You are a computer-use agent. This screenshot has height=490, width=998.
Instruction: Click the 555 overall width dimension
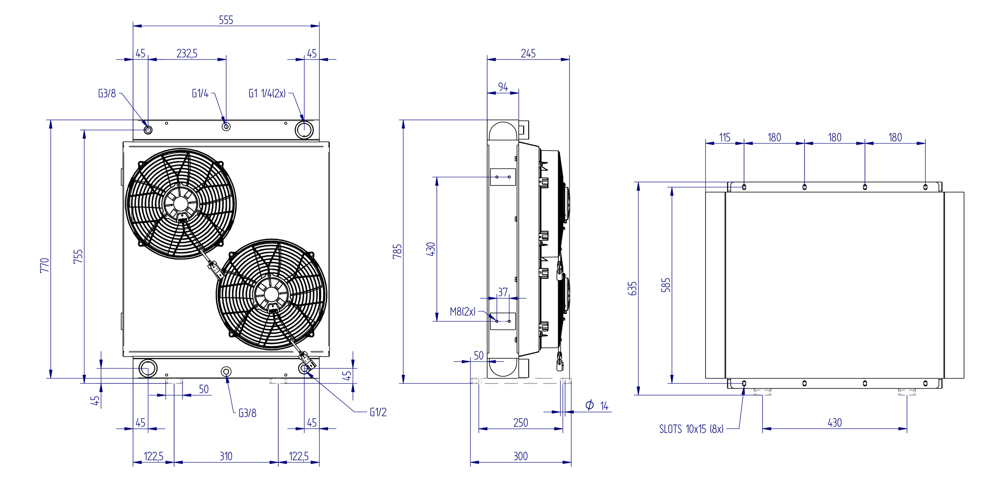pos(226,20)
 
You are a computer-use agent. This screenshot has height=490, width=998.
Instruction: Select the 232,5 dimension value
pos(187,53)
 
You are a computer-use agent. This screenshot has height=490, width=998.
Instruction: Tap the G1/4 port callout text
pos(200,93)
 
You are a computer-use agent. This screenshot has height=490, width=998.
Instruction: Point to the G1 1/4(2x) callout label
pos(267,93)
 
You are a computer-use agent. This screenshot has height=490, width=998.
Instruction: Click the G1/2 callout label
pos(378,412)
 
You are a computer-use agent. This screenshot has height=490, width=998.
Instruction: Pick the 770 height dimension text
pos(45,265)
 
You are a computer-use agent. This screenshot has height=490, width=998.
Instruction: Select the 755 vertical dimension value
pos(78,256)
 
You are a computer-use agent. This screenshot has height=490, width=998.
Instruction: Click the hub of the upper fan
pos(181,204)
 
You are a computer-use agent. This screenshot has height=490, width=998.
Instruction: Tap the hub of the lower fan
pos(271,294)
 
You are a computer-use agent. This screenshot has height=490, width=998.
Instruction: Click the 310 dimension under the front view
pos(226,456)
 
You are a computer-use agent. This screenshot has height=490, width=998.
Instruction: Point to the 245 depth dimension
pos(528,53)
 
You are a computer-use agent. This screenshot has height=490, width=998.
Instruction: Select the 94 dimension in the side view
pos(503,87)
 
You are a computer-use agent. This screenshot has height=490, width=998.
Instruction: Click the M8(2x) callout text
pos(463,311)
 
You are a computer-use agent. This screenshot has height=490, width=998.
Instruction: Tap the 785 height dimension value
pos(397,251)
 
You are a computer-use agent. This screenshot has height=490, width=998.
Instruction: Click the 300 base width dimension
pos(520,456)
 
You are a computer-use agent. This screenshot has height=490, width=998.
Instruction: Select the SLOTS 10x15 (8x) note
pos(691,429)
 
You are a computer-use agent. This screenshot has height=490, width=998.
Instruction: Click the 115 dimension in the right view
pos(725,137)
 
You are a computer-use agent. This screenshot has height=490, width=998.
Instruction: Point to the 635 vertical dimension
pos(632,288)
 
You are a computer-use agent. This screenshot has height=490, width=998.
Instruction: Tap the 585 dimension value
pos(666,285)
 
